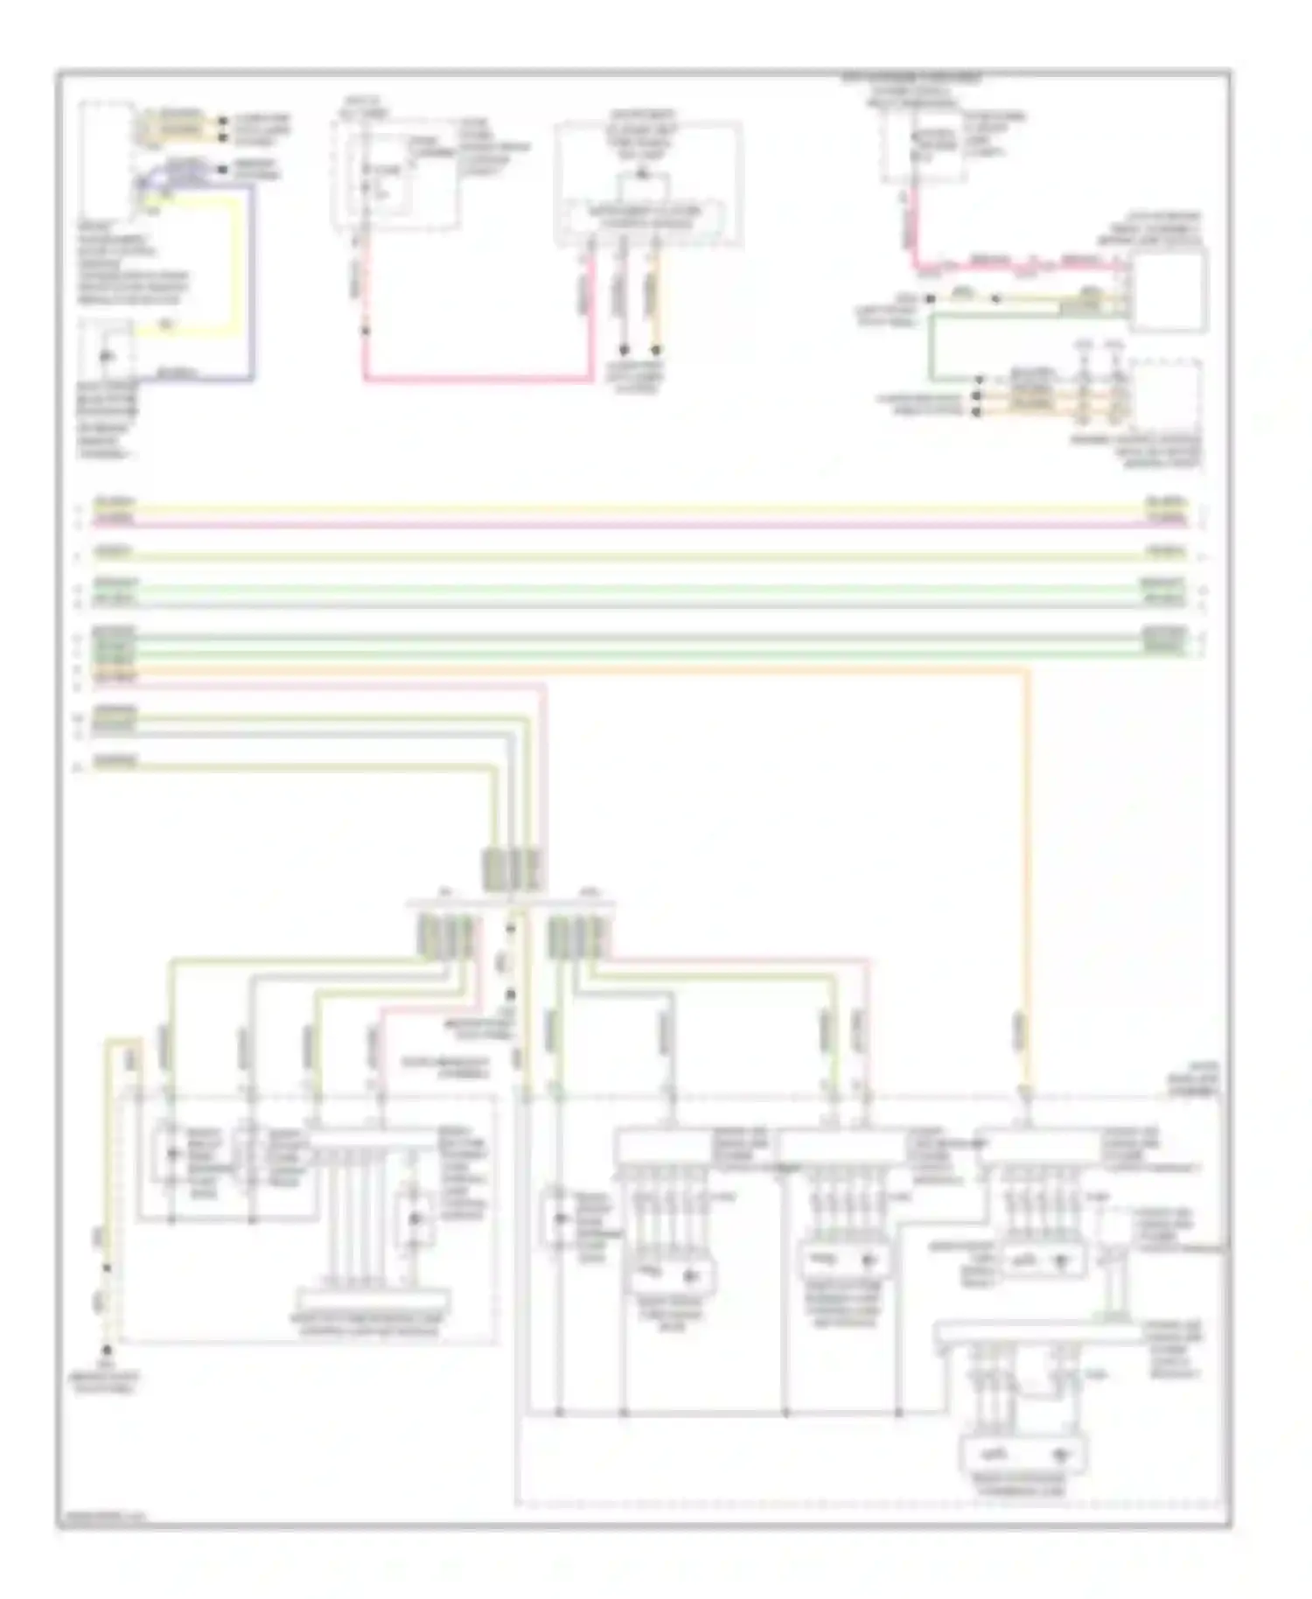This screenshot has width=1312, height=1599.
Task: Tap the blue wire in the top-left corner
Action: pos(253,280)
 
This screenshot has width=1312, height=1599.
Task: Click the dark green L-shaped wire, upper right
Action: pos(932,350)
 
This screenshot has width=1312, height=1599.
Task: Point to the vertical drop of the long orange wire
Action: pos(1027,875)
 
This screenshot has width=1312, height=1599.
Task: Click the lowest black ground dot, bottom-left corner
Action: pos(107,1350)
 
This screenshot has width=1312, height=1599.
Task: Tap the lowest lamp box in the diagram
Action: pos(1022,1456)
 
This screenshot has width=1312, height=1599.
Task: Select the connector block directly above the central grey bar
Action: pos(513,869)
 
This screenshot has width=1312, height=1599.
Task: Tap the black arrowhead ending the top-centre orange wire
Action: pos(655,351)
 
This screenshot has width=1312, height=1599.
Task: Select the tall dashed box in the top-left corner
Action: pos(106,158)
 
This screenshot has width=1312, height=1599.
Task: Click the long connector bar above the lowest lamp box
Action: pos(1036,1336)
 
